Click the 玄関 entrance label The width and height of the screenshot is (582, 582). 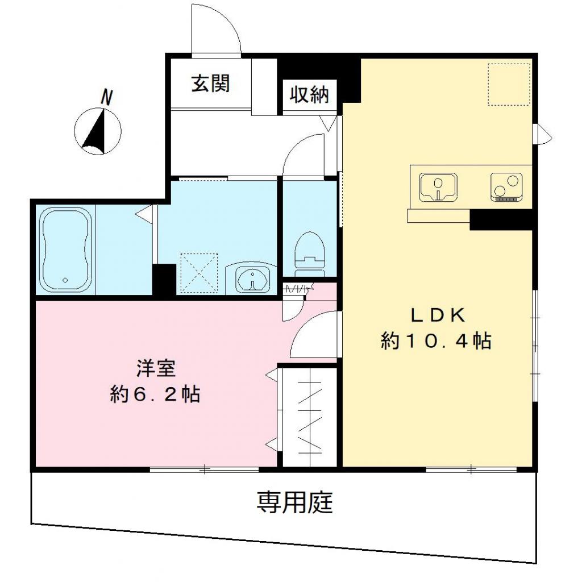[x=210, y=84]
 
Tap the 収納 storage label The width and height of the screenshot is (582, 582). [x=310, y=94]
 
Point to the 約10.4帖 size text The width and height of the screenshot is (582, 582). [x=436, y=341]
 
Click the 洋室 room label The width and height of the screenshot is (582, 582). [x=155, y=368]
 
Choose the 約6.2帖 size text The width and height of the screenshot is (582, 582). [x=155, y=394]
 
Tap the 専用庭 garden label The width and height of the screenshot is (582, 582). [x=294, y=502]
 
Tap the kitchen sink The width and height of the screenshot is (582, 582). [x=438, y=187]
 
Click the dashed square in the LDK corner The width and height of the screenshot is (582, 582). [x=509, y=84]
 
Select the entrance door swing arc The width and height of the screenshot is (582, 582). [x=216, y=31]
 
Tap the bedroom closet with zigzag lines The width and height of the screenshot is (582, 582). [x=310, y=418]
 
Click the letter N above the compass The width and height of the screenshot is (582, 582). [x=106, y=97]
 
